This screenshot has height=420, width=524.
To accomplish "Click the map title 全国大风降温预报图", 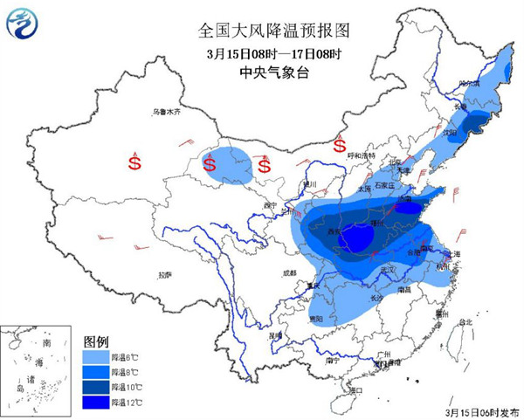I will point(261,30).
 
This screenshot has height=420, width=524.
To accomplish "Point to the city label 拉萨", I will point(165,275).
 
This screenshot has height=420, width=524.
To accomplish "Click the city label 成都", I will point(289,274).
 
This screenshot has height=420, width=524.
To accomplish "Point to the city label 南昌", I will point(403,288).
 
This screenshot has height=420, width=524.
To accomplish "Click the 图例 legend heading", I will point(96,341).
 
